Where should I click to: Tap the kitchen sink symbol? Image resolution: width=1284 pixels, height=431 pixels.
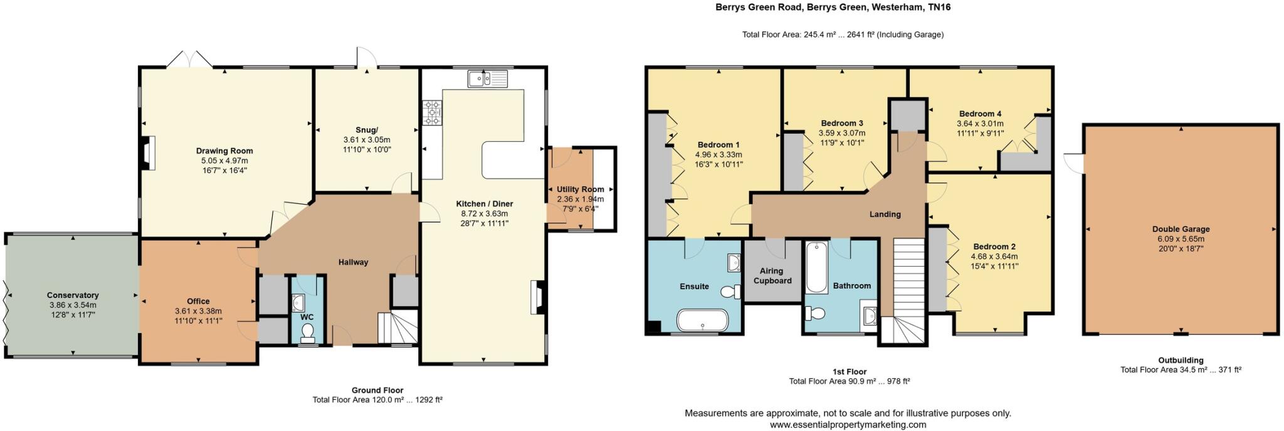pyautogui.click(x=487, y=79)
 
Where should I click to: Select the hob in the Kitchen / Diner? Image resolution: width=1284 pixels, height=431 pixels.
pyautogui.click(x=431, y=114)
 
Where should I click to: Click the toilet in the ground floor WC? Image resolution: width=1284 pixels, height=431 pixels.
pyautogui.click(x=307, y=333)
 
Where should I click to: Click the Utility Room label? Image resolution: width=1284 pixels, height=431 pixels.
pyautogui.click(x=580, y=189)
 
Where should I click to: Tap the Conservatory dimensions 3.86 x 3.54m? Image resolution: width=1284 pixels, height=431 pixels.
pyautogui.click(x=73, y=305)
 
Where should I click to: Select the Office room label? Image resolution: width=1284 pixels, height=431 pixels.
pyautogui.click(x=198, y=301)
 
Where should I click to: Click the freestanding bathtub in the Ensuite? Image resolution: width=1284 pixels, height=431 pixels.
pyautogui.click(x=702, y=320)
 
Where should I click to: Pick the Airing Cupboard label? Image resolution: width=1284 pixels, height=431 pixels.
pyautogui.click(x=772, y=276)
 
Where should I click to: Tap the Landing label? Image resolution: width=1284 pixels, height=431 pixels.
pyautogui.click(x=885, y=215)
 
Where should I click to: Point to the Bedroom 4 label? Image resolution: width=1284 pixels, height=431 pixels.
pyautogui.click(x=980, y=114)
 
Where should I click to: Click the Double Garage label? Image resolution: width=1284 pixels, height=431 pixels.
pyautogui.click(x=1181, y=230)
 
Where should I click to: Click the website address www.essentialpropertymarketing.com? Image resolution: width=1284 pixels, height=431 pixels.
pyautogui.click(x=848, y=425)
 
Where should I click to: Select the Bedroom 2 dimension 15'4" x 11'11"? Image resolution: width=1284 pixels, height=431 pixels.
pyautogui.click(x=994, y=266)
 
